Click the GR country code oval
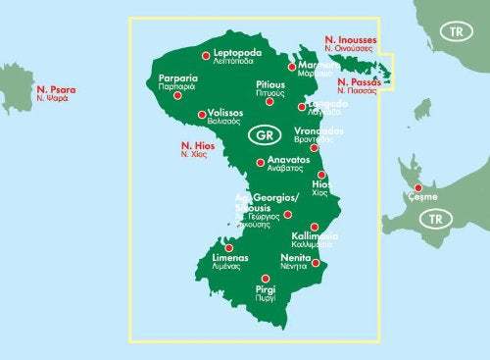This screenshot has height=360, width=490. (x=262, y=133)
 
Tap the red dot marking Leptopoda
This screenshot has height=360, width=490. (x=206, y=56)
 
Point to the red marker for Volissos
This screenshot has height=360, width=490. (x=202, y=114)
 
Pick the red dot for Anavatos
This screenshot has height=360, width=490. (x=260, y=163)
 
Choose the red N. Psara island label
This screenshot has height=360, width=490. (x=55, y=93)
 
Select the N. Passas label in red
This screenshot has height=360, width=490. (x=359, y=84)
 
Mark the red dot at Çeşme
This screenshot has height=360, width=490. (x=418, y=187)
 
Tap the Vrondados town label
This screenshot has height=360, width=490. (x=316, y=133)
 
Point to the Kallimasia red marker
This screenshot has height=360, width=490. (x=314, y=227)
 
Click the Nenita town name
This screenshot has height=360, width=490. (x=296, y=258)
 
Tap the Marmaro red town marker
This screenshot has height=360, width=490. (x=291, y=67)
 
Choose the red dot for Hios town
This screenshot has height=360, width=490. (x=321, y=175)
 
